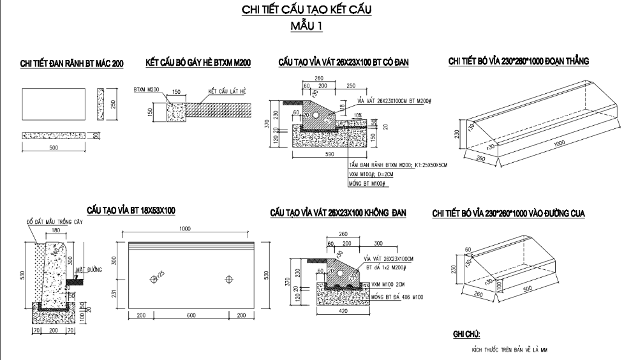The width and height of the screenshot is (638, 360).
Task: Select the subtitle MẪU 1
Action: tap(306, 26)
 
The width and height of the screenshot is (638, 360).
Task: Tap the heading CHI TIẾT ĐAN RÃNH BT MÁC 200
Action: tap(72, 63)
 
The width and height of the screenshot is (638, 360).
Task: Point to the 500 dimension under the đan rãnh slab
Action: tap(54, 147)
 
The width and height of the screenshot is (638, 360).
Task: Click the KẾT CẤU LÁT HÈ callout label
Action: tap(227, 91)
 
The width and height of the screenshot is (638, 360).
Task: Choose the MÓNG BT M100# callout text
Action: tap(367, 184)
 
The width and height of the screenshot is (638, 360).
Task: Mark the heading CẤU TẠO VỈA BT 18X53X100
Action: tap(131, 210)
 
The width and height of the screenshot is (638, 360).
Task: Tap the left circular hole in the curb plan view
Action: tap(153, 279)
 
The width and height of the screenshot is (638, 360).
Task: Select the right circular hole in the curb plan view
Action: tap(229, 279)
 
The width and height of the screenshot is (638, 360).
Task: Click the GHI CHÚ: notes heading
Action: tap(466, 334)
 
